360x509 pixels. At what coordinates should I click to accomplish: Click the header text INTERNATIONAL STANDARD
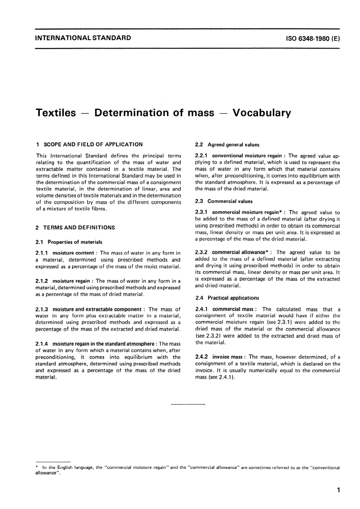(x=83, y=38)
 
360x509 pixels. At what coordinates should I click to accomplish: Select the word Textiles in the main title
(x=56, y=113)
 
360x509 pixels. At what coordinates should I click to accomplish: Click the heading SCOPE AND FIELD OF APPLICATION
(x=93, y=144)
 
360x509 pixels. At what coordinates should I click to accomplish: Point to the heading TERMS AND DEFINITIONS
(x=79, y=228)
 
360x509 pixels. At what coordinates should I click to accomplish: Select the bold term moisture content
(x=73, y=253)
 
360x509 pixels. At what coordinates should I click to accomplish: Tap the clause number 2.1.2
(x=42, y=281)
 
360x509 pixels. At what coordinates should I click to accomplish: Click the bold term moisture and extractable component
(x=97, y=310)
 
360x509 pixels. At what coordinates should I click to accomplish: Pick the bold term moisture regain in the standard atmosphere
(x=103, y=344)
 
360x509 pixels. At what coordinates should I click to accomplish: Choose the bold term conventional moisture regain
(x=247, y=156)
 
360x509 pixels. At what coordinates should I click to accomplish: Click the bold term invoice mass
(x=227, y=357)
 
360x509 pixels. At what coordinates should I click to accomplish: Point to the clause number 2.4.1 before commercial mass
(x=202, y=310)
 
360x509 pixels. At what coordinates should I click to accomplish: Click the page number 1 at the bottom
(x=338, y=490)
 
